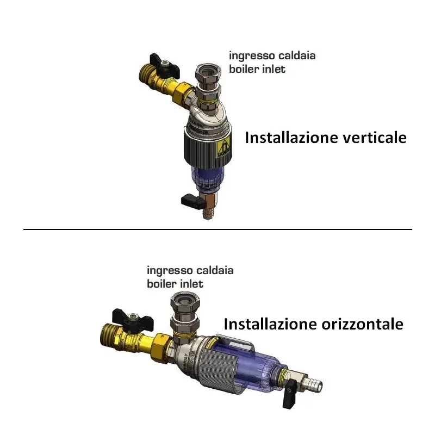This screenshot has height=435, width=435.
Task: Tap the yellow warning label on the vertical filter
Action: point(224,148)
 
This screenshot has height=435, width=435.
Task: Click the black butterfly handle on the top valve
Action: point(164,66)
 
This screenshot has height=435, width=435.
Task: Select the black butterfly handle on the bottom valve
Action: point(132,320)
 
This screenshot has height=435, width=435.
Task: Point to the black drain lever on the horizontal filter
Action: point(290,394)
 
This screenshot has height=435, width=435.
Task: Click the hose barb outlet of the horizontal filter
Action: point(315,384)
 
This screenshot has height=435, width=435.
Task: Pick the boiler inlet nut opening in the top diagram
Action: point(209,71)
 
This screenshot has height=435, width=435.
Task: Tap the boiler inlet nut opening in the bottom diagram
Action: point(185,300)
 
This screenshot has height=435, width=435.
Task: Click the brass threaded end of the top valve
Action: point(146,73)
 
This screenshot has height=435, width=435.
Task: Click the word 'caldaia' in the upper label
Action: point(297,55)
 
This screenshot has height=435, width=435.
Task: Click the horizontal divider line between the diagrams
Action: point(217,229)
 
